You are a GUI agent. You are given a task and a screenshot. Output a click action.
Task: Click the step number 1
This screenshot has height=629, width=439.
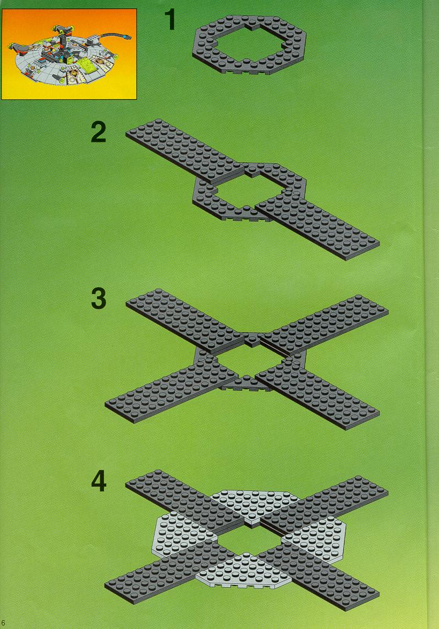point(170,20)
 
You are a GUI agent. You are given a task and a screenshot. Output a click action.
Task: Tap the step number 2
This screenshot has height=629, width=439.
point(98,133)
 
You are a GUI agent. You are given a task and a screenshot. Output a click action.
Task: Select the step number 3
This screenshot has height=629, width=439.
point(98,299)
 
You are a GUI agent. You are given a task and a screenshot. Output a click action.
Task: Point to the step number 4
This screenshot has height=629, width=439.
point(98,481)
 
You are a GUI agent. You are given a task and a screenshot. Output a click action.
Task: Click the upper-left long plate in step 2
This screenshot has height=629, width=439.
point(185,151)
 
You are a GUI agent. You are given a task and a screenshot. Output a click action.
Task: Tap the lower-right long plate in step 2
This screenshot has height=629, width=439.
point(317,229)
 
